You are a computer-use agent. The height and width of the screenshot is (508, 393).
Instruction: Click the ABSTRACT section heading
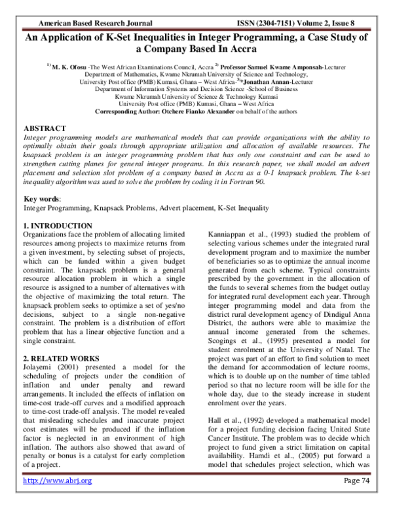pyautogui.click(x=44, y=128)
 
